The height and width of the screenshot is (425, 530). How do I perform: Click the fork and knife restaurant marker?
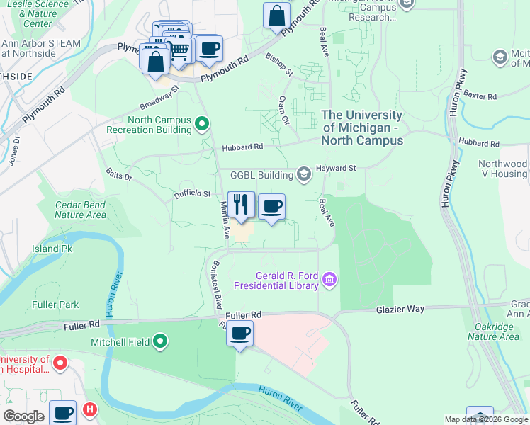pyautogui.click(x=241, y=205)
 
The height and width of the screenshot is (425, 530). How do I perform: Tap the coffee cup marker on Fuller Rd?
pyautogui.click(x=240, y=333)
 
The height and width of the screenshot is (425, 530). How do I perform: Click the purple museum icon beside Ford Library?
pyautogui.click(x=328, y=280)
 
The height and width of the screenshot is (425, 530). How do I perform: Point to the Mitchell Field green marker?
pyautogui.click(x=160, y=342)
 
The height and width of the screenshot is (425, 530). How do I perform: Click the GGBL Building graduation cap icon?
pyautogui.click(x=304, y=174)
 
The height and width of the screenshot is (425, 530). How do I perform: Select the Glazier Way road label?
pyautogui.click(x=400, y=309)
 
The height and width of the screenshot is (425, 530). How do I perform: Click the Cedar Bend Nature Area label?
pyautogui.click(x=80, y=210)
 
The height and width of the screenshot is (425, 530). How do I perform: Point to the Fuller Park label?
pyautogui.click(x=55, y=305)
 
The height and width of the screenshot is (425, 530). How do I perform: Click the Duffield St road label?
pyautogui.click(x=193, y=193)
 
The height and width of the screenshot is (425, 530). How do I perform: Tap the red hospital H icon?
pyautogui.click(x=89, y=409)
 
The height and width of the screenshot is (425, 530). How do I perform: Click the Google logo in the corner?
pyautogui.click(x=24, y=416)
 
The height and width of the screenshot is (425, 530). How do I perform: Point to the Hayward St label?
pyautogui.click(x=337, y=168)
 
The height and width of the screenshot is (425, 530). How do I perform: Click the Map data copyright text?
pyautogui.click(x=486, y=419)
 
